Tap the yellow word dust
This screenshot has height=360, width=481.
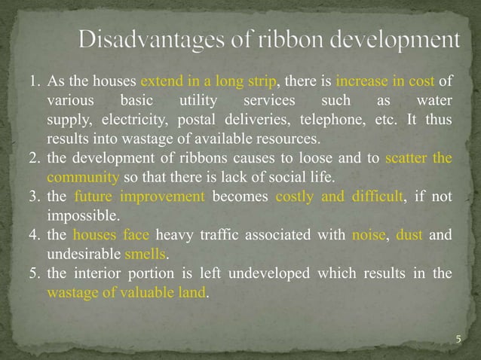pyautogui.click(x=409, y=236)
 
